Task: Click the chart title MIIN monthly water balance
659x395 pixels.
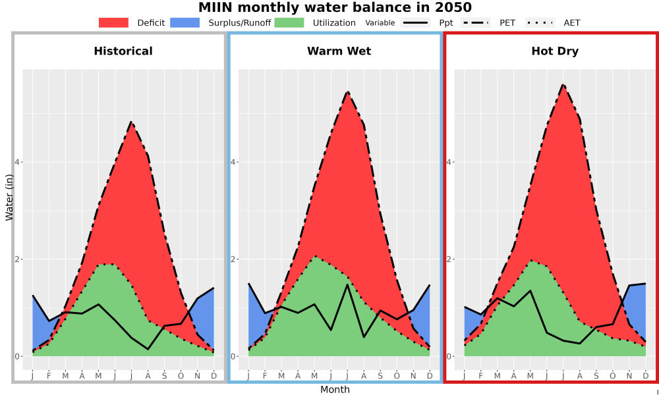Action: pyautogui.click(x=335, y=7)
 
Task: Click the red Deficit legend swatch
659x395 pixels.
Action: pyautogui.click(x=113, y=22)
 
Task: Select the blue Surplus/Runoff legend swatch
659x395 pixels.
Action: pyautogui.click(x=185, y=22)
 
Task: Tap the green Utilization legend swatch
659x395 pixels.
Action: pyautogui.click(x=289, y=22)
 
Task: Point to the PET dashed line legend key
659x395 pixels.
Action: pyautogui.click(x=475, y=22)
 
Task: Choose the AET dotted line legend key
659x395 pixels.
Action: pyautogui.click(x=540, y=22)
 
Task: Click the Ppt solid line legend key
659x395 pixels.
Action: pyautogui.click(x=415, y=22)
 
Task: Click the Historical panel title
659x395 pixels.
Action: pyautogui.click(x=123, y=51)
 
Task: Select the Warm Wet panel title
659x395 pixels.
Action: pyautogui.click(x=339, y=51)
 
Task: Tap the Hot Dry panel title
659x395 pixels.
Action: pyautogui.click(x=555, y=51)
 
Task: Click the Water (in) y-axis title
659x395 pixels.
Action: pyautogui.click(x=9, y=197)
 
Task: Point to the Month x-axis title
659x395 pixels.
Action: pyautogui.click(x=335, y=390)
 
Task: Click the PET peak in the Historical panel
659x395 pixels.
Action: pyautogui.click(x=131, y=122)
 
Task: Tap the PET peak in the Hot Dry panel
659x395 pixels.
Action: pyautogui.click(x=563, y=84)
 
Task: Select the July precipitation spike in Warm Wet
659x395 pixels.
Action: pyautogui.click(x=347, y=284)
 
